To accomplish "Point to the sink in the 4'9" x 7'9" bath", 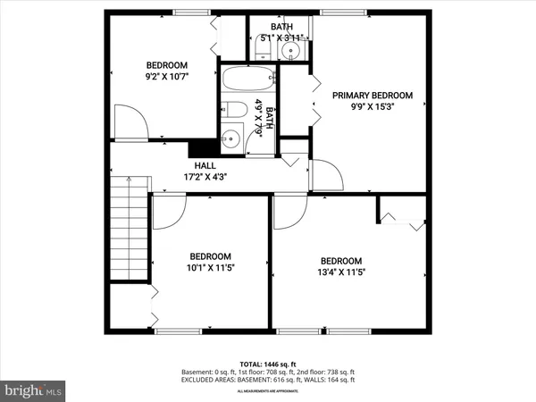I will coord(232,138).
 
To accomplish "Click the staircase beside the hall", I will coord(128,228).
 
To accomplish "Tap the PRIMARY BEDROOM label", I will coord(373,95).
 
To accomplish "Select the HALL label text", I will coord(205,165).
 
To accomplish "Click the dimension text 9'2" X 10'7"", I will coord(167,77).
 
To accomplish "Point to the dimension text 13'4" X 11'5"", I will coord(341,272).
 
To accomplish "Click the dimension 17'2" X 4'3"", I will coord(205,177).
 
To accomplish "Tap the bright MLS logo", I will coord(34,390).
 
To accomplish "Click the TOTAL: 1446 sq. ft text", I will coord(268,364).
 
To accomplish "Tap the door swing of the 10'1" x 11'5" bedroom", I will coord(167,212).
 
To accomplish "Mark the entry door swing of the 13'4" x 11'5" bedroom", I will coord(289,212).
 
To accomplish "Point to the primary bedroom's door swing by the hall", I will coord(326,175).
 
